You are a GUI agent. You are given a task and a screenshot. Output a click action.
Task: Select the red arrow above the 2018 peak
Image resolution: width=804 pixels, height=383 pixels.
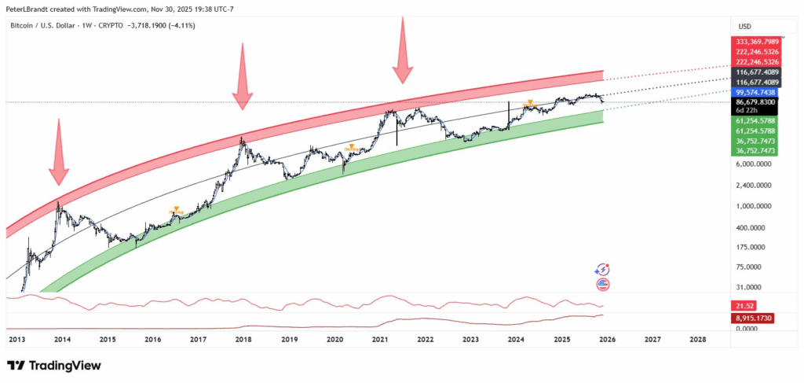pos(242,77)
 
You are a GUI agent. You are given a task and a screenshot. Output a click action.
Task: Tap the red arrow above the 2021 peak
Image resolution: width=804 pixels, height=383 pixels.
pos(403,49)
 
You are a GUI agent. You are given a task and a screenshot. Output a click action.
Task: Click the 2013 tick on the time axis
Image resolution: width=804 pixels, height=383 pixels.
pos(17,340)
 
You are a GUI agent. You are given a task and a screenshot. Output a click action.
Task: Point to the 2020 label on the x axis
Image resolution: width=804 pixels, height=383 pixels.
pos(334,340)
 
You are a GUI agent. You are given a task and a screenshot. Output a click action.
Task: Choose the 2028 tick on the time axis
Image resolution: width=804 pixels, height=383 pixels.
pos(696,340)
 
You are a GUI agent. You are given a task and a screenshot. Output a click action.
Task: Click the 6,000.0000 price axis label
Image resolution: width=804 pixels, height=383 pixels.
pos(752,164)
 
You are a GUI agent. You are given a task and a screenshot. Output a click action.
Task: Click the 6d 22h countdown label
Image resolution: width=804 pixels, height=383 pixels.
pos(746,111)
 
